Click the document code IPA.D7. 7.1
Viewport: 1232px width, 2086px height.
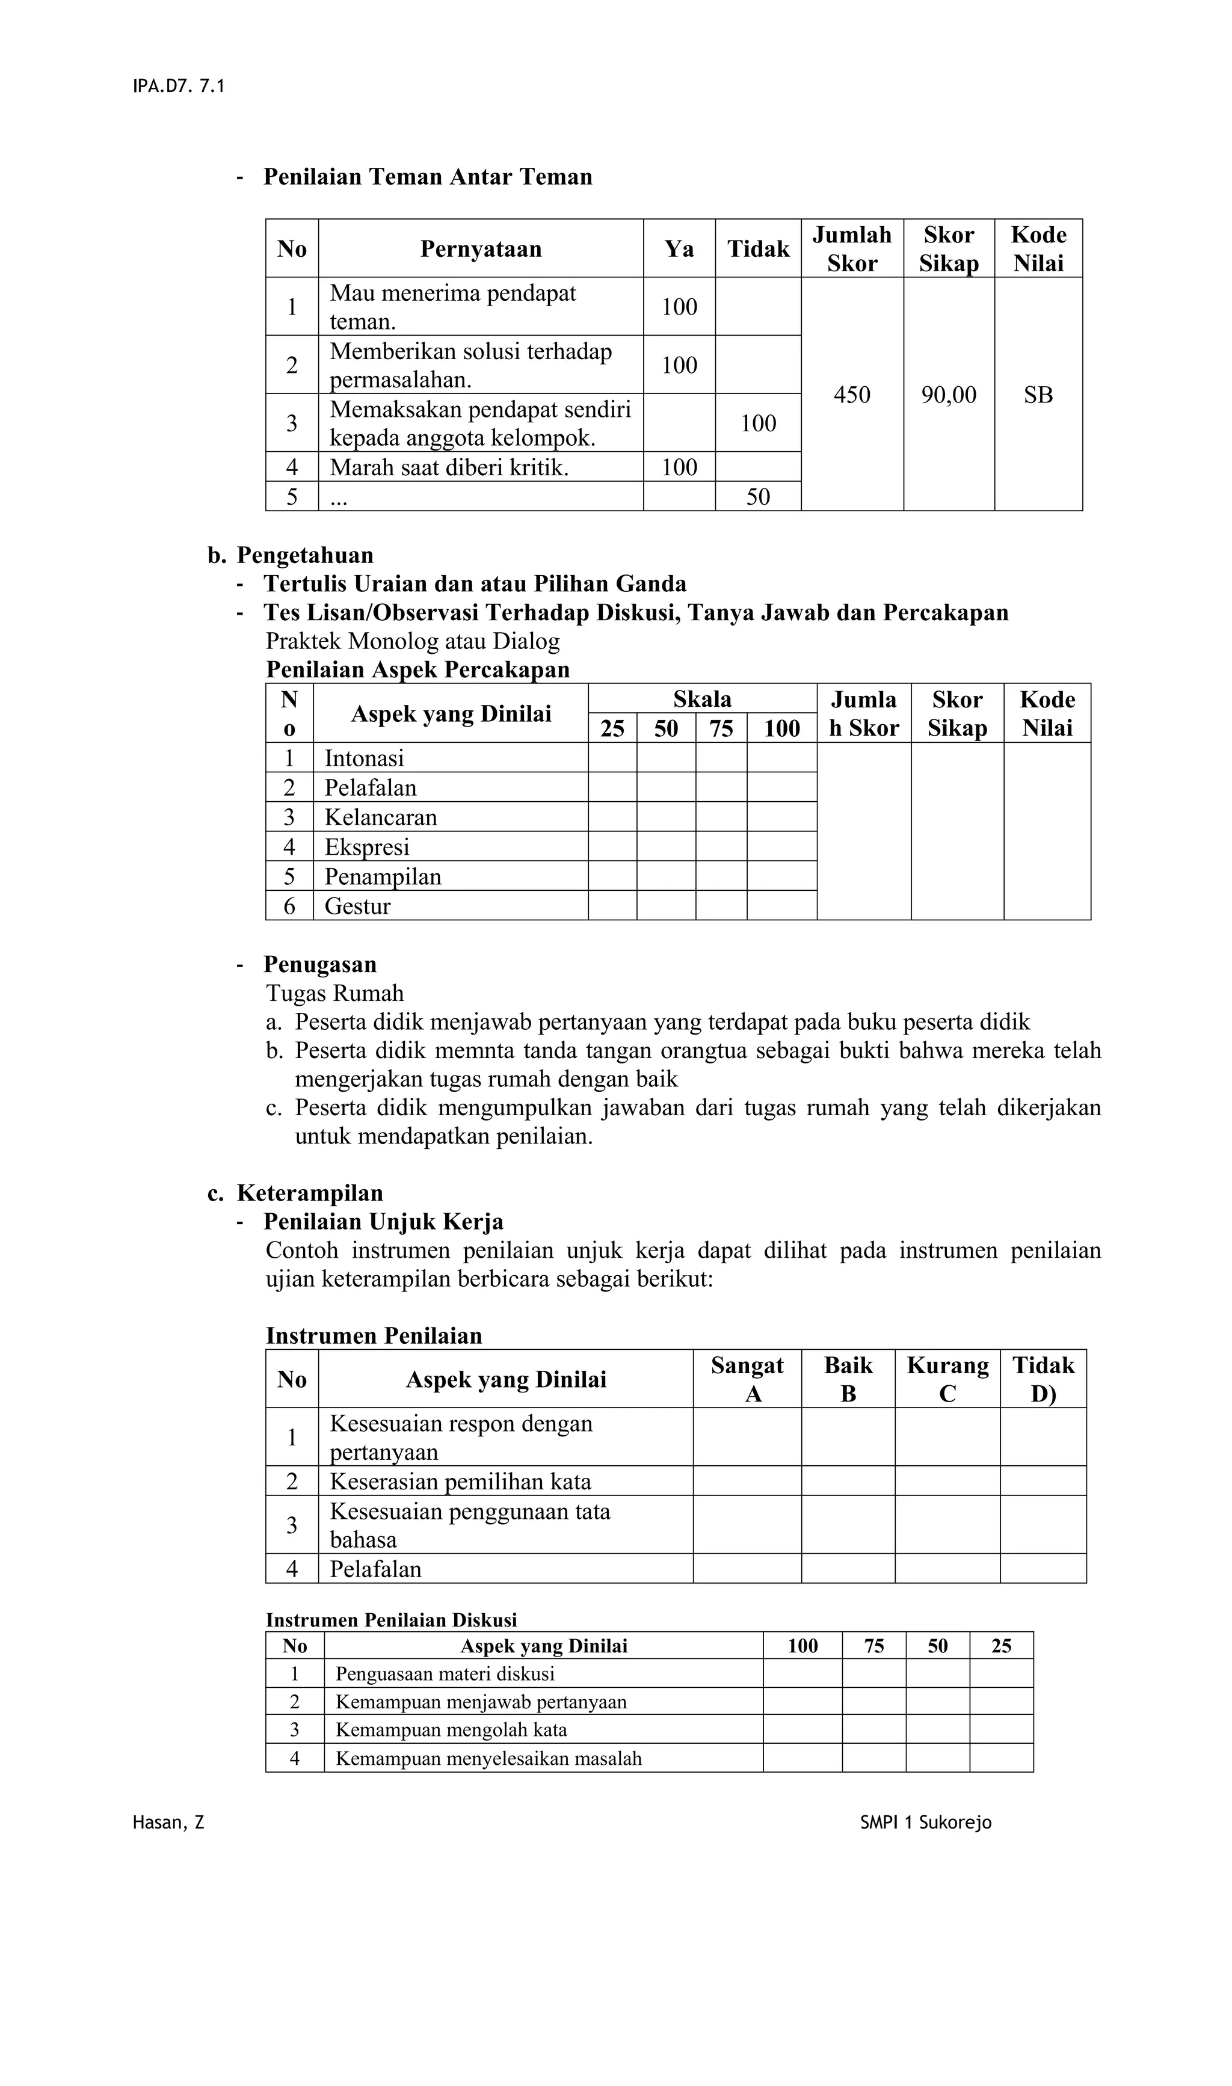click(x=179, y=87)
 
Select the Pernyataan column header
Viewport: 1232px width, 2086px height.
click(x=481, y=249)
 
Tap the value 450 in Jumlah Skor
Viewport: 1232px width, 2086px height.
click(x=852, y=395)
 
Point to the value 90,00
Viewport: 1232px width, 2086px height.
click(x=948, y=395)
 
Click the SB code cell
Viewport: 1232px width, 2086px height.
click(x=1038, y=395)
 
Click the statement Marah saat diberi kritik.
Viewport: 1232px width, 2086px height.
click(x=449, y=467)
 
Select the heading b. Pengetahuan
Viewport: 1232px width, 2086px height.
click(x=291, y=555)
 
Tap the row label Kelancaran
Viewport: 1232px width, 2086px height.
click(x=380, y=817)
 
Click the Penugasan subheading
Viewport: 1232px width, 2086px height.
click(x=319, y=965)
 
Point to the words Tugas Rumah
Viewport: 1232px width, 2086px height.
click(x=334, y=994)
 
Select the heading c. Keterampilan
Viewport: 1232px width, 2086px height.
click(x=295, y=1193)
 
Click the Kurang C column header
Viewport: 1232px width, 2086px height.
click(x=947, y=1380)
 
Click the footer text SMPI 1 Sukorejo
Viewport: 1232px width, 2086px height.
click(x=926, y=1823)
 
